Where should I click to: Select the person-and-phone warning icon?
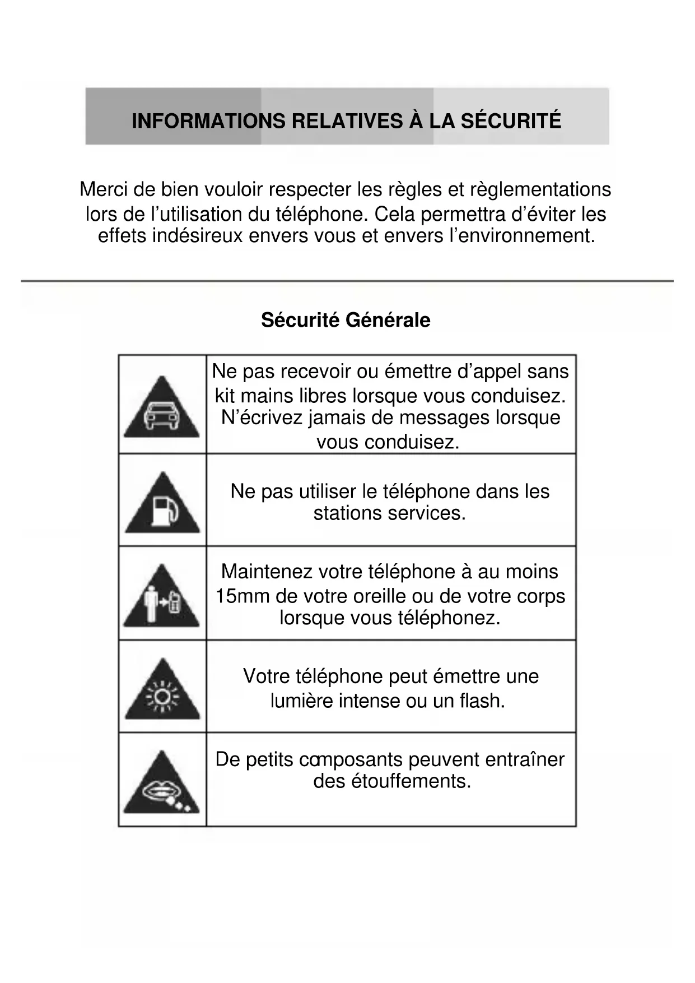(161, 599)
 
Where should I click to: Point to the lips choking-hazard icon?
(161, 785)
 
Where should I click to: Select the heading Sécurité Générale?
(346, 320)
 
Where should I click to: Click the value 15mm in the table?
(242, 596)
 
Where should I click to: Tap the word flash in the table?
(482, 701)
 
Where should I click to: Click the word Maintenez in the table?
(267, 572)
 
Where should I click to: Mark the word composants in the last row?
(351, 759)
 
